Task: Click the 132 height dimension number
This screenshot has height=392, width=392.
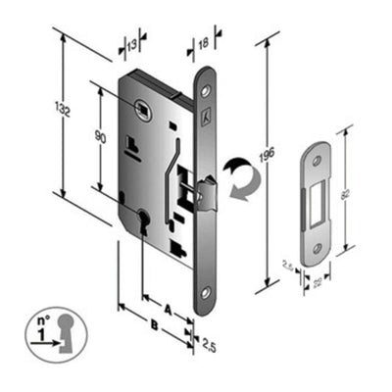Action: [x=66, y=113]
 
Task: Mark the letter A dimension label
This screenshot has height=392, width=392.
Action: [x=167, y=307]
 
